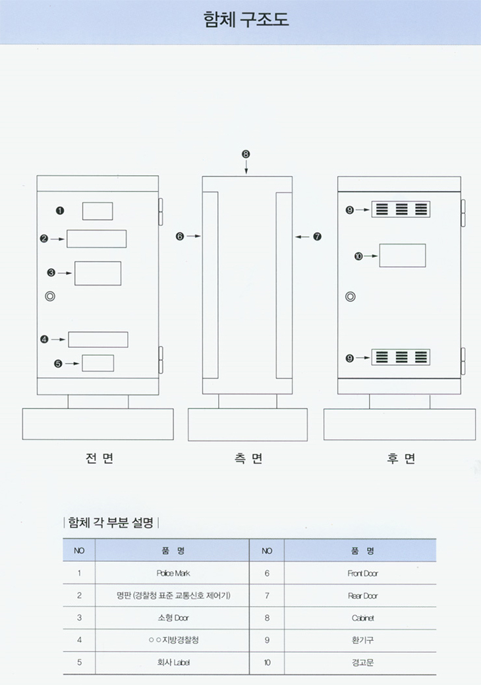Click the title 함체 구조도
pos(246,19)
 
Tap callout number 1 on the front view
pos(60,210)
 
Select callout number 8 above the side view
pos(246,153)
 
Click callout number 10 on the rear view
pos(358,256)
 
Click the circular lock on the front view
pos(49,296)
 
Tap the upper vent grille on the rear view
pos(401,209)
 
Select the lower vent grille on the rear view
pos(401,358)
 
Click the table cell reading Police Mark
pos(173,573)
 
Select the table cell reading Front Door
pos(362,573)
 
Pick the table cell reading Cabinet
pos(362,618)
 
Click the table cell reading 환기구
pos(362,640)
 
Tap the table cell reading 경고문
pos(362,663)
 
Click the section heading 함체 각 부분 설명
pos(111,523)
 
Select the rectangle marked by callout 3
pos(98,273)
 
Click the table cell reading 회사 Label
pos(173,663)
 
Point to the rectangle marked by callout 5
pos(98,363)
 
